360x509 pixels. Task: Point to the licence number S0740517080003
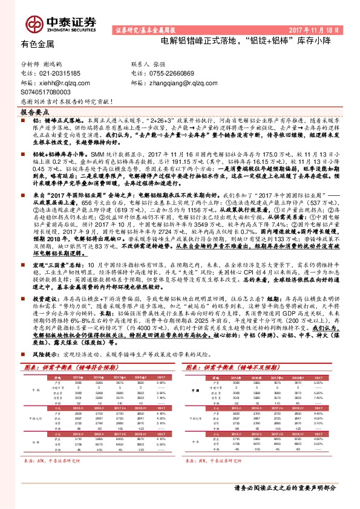click(50, 92)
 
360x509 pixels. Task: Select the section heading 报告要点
click(36, 112)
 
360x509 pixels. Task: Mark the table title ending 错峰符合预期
click(64, 349)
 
